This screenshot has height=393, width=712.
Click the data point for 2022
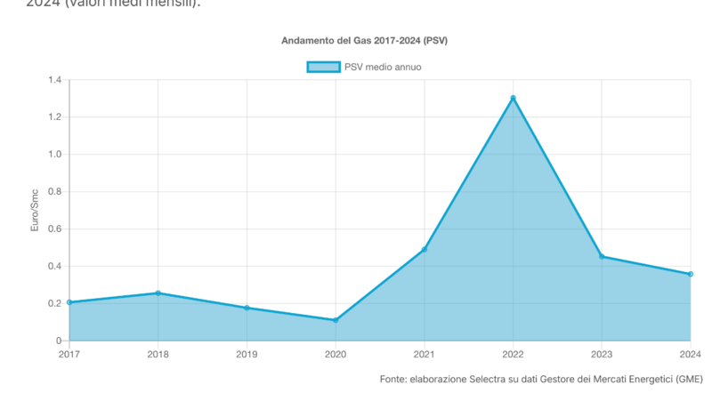pyautogui.click(x=513, y=98)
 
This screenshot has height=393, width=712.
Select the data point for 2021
pyautogui.click(x=425, y=249)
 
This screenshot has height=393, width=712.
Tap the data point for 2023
pyautogui.click(x=602, y=256)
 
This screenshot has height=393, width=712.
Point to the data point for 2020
pyautogui.click(x=336, y=320)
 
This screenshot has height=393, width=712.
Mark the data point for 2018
pyautogui.click(x=158, y=293)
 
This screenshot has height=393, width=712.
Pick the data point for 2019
pyautogui.click(x=247, y=308)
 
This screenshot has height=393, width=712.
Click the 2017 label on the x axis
pyautogui.click(x=69, y=355)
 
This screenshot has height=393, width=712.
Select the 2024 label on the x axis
pyautogui.click(x=691, y=355)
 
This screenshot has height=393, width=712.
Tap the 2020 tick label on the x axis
pyautogui.click(x=336, y=355)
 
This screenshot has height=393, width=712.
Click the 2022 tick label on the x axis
pyautogui.click(x=513, y=355)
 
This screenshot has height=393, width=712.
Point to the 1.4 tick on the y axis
pyautogui.click(x=54, y=80)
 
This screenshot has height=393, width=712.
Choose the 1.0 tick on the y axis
pyautogui.click(x=54, y=155)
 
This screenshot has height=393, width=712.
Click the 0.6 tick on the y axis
pyautogui.click(x=54, y=229)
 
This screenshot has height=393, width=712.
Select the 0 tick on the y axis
pyautogui.click(x=58, y=341)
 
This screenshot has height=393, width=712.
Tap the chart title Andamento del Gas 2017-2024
pyautogui.click(x=370, y=41)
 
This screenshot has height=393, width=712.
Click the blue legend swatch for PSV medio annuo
pyautogui.click(x=323, y=67)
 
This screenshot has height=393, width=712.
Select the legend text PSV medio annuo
pyautogui.click(x=383, y=67)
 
